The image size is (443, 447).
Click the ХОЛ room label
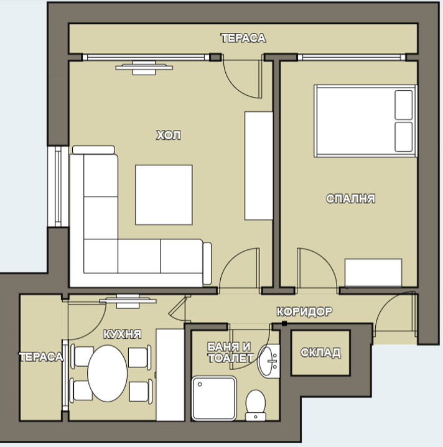168,135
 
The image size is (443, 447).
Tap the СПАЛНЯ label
350,198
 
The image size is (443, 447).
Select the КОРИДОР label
304,311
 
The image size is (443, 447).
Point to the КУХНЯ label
122,334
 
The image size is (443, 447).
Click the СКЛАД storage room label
320,353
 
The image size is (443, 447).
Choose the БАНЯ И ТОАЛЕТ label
230,353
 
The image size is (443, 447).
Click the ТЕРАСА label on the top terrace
244,38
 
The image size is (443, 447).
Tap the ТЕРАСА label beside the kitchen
41,357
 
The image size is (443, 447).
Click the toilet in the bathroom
256,405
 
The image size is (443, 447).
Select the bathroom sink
269,361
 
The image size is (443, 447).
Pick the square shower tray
214,399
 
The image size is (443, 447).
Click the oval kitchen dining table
108,374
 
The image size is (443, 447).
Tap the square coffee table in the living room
164,195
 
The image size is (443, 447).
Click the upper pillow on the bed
404,105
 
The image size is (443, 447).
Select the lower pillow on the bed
404,137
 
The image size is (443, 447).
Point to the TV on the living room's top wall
144,68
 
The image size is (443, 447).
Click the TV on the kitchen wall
128,302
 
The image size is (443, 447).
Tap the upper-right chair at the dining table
139,357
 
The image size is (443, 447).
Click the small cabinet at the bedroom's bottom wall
373,272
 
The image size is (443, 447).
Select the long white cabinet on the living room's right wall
259,165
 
